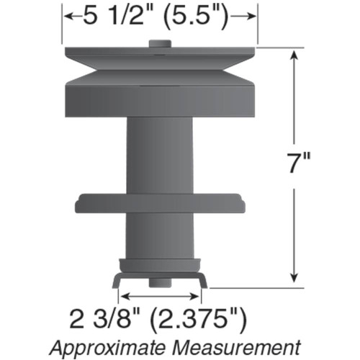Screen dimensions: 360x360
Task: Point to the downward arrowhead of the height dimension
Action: click(294, 279)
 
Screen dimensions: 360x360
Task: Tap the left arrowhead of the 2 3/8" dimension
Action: click(123, 295)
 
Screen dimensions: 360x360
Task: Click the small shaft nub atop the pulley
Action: click(160, 44)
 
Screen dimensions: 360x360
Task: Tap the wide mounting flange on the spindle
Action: click(160, 203)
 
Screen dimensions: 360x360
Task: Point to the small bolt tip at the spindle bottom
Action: click(160, 283)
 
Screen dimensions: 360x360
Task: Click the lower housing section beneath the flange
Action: click(160, 234)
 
